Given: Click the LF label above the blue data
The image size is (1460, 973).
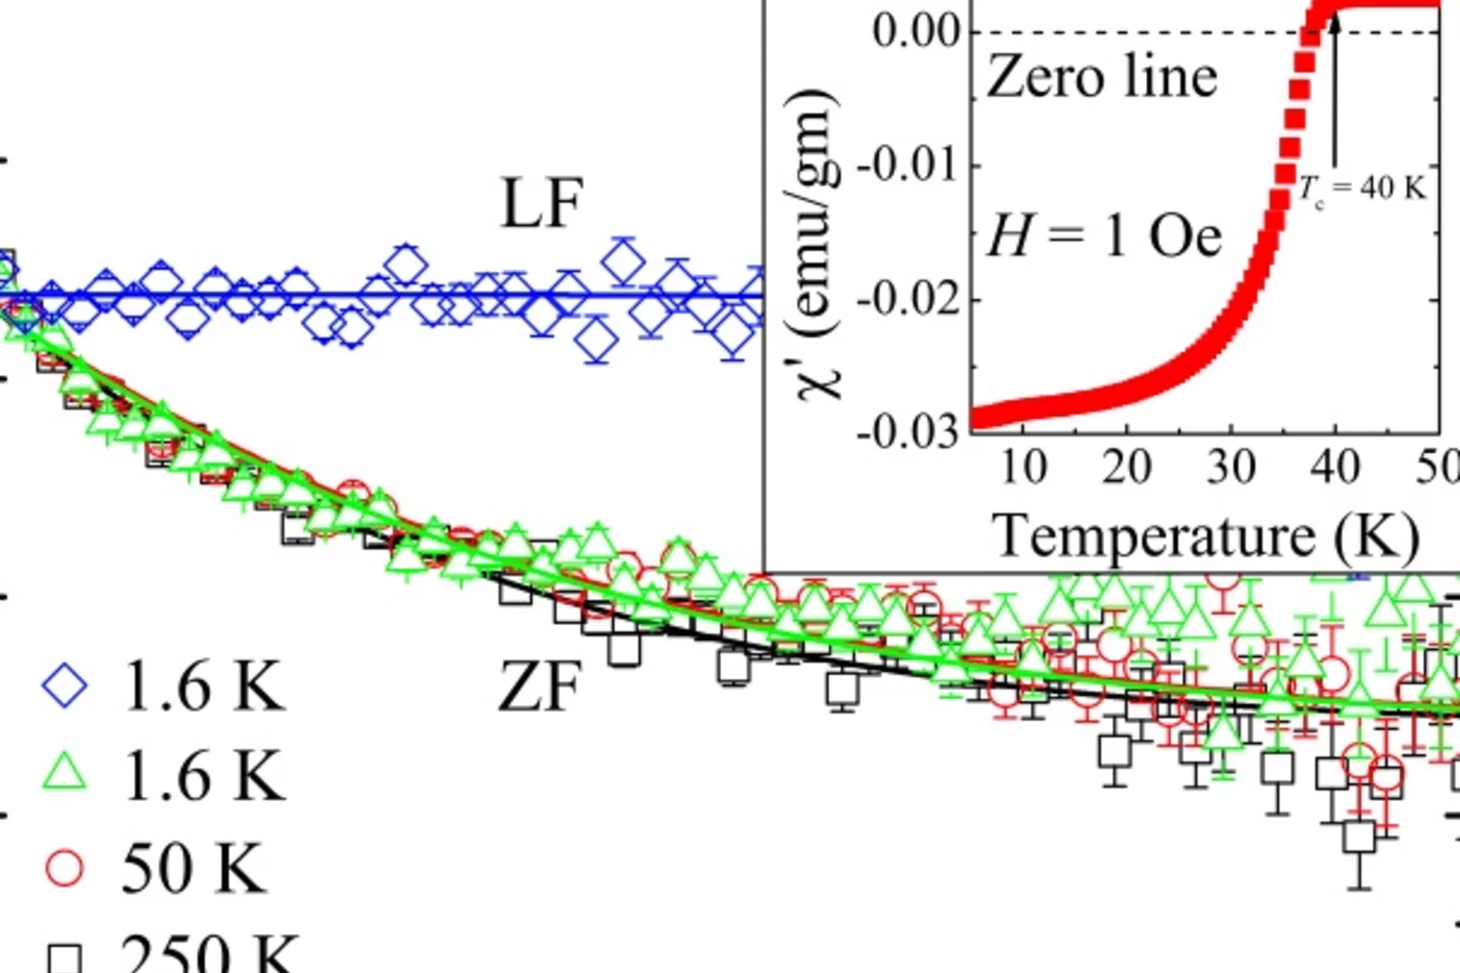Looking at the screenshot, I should tap(542, 204).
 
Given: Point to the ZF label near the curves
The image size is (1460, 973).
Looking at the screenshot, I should tap(539, 687).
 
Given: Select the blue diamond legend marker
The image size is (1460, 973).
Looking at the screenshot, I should tap(65, 686).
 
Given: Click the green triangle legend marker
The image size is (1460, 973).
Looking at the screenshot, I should tap(65, 772).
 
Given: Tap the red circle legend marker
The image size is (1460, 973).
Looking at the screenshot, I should tap(64, 867).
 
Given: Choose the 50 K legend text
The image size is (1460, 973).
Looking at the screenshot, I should tap(193, 867).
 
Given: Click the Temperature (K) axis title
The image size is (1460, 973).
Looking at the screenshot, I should tap(1206, 536).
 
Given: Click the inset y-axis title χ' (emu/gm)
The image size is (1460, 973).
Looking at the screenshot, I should tap(818, 245).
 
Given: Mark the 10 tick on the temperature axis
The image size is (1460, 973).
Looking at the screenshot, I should tap(1023, 467).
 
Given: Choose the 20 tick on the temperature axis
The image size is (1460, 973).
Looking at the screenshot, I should tap(1127, 467).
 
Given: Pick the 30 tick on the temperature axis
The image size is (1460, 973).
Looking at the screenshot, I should tap(1231, 467).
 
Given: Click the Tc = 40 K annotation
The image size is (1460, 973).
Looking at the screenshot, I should tap(1362, 189).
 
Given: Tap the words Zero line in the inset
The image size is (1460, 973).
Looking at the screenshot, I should tap(1102, 77).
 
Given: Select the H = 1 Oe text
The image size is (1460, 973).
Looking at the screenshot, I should tap(1104, 237).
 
